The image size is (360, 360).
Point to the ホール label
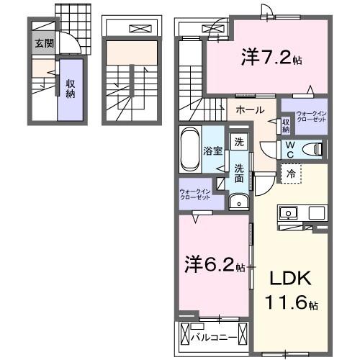(x=249, y=110)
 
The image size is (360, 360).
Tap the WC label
(x=287, y=149)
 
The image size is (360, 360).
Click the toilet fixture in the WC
(x=311, y=149)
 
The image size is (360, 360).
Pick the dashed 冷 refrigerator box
(x=292, y=174)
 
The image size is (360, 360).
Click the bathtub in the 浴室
(x=189, y=149)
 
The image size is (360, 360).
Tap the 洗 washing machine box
(x=237, y=142)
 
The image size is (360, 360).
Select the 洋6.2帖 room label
(x=215, y=265)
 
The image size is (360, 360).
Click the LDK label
(x=292, y=278)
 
